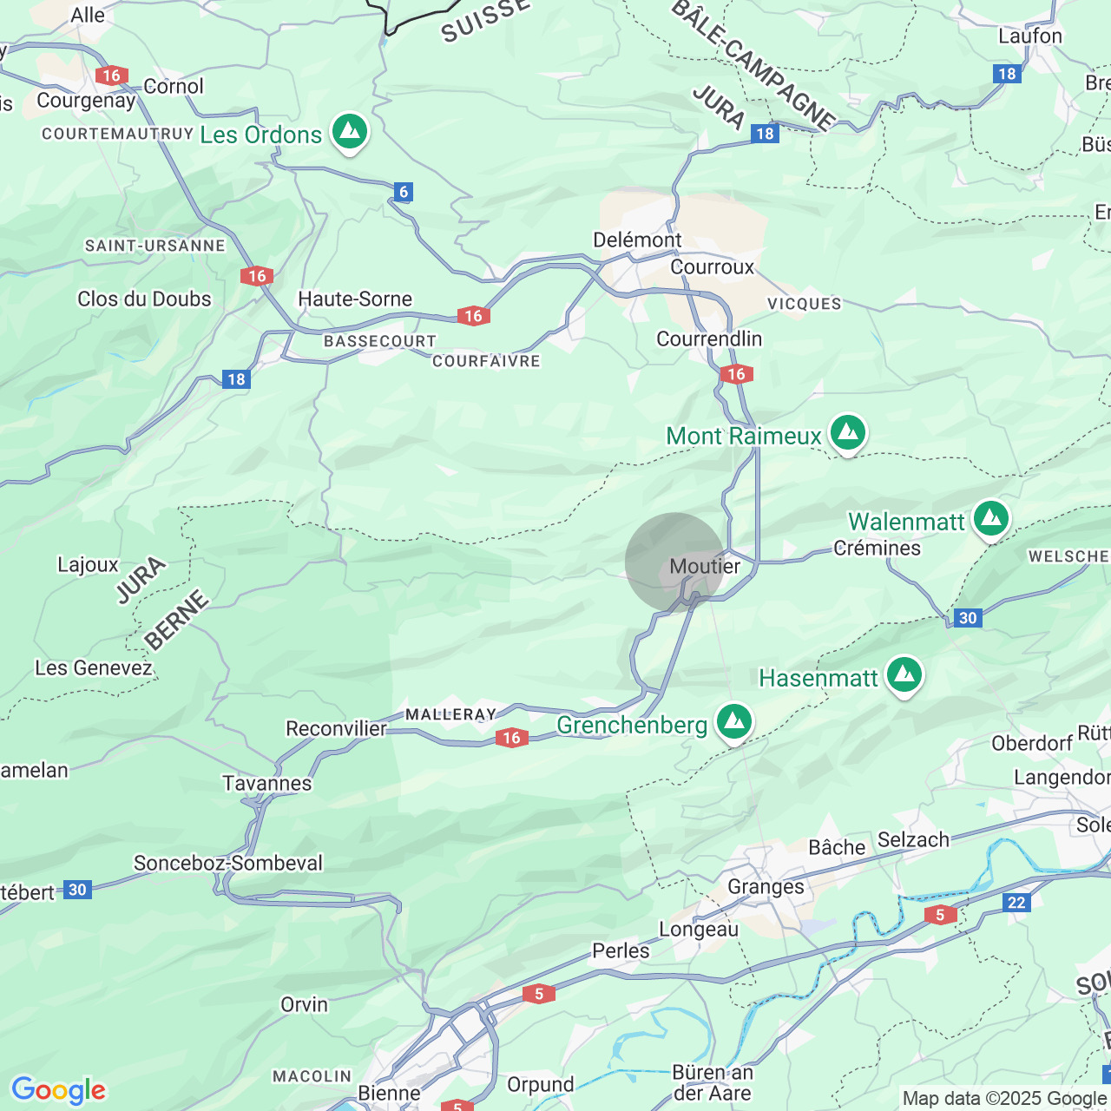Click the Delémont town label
(637, 240)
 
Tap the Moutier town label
(705, 566)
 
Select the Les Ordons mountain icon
(350, 132)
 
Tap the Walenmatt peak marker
(991, 519)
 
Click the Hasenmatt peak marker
(904, 675)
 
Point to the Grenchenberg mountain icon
(734, 721)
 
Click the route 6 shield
(403, 192)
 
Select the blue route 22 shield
(1016, 903)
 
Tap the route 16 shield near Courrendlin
(736, 374)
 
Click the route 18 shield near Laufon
(1007, 74)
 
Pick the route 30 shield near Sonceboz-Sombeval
(78, 890)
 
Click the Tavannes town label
(267, 783)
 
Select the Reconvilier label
(336, 728)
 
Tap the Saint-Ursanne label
(155, 246)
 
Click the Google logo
(59, 1090)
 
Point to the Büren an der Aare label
(712, 1082)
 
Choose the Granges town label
(766, 886)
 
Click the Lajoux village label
(88, 564)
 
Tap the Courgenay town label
(86, 100)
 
